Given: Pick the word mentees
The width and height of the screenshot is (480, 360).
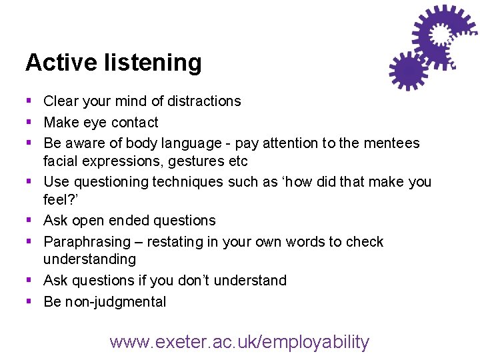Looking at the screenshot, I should pyautogui.click(x=392, y=143).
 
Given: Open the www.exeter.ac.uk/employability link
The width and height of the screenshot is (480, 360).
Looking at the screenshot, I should pyautogui.click(x=239, y=342).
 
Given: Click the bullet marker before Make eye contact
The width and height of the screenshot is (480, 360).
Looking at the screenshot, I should pyautogui.click(x=29, y=122).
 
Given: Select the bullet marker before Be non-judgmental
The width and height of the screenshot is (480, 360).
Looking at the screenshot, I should pyautogui.click(x=29, y=301).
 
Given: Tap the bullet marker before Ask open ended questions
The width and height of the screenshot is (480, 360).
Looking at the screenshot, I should pyautogui.click(x=29, y=220).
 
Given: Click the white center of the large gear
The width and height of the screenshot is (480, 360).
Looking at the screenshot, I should pyautogui.click(x=441, y=34).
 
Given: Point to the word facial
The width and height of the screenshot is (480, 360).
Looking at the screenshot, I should pyautogui.click(x=61, y=162).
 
